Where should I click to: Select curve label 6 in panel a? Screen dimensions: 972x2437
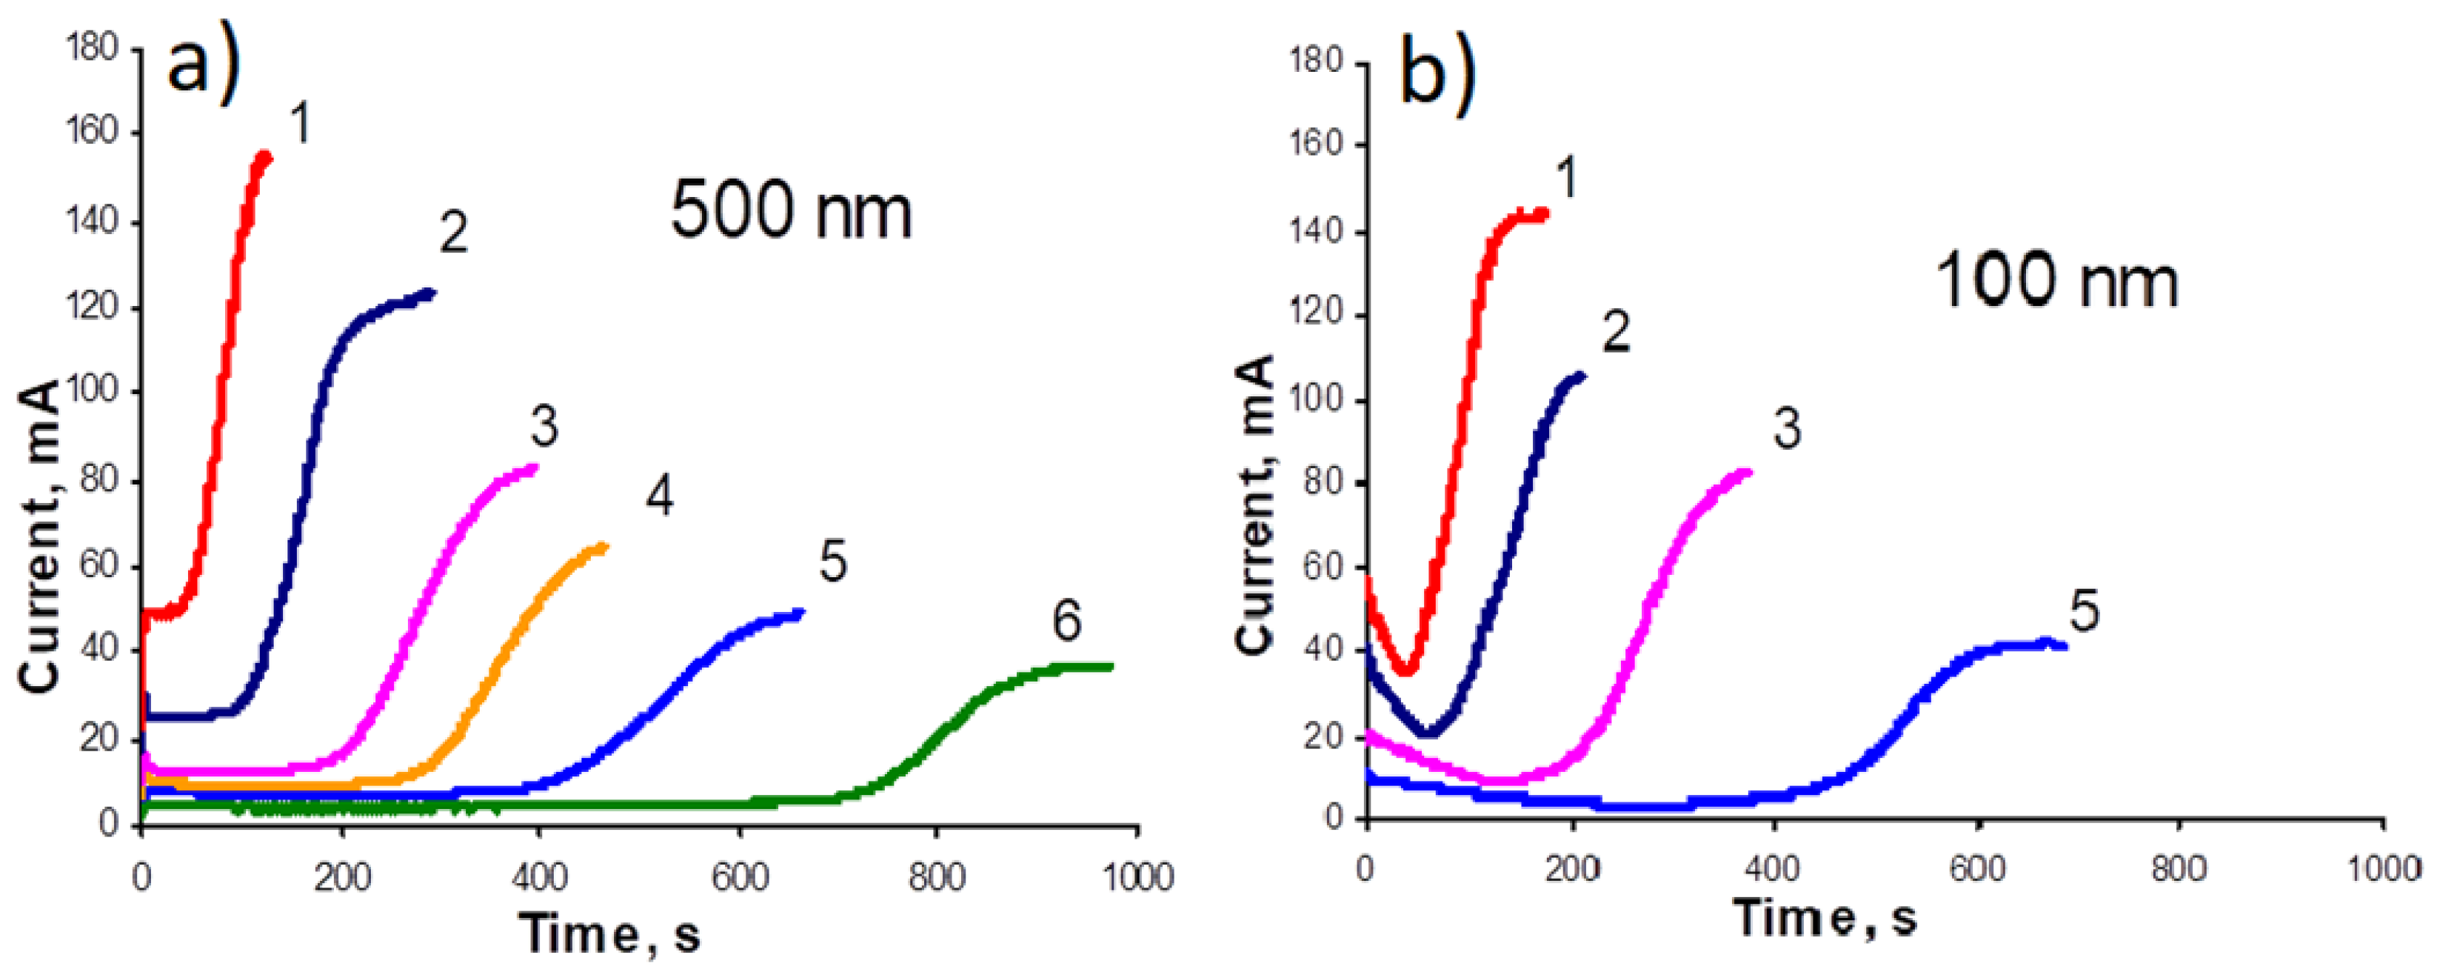(x=1066, y=622)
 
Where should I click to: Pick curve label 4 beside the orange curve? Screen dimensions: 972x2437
(x=659, y=496)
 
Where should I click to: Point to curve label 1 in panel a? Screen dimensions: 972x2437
(x=300, y=124)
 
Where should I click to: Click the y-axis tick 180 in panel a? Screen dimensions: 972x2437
(x=92, y=47)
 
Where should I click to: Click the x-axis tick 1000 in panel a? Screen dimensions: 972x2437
(x=1137, y=877)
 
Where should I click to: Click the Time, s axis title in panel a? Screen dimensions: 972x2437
(x=612, y=934)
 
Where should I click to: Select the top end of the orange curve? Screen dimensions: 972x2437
(x=603, y=546)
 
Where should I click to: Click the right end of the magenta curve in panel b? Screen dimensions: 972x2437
(x=1748, y=471)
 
